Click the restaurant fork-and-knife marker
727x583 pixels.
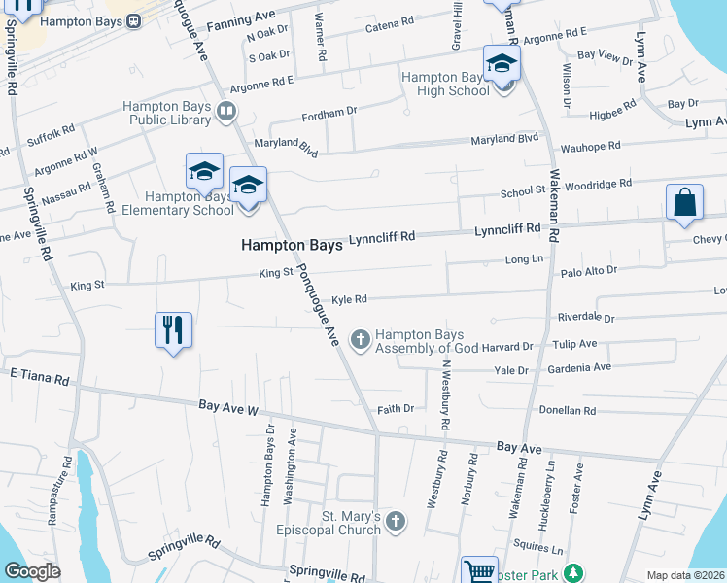point(173,329)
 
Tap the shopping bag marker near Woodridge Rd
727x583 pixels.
point(684,203)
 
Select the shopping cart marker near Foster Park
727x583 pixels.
point(478,571)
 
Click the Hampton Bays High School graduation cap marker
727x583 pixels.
point(502,64)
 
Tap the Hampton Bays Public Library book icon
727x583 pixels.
point(226,112)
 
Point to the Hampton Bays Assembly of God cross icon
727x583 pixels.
point(361,338)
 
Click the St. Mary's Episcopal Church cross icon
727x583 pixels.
point(395,521)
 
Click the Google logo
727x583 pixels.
point(32,570)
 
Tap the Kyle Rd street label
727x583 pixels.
point(349,300)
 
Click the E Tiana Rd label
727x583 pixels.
point(40,376)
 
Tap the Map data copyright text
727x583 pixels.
point(684,575)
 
